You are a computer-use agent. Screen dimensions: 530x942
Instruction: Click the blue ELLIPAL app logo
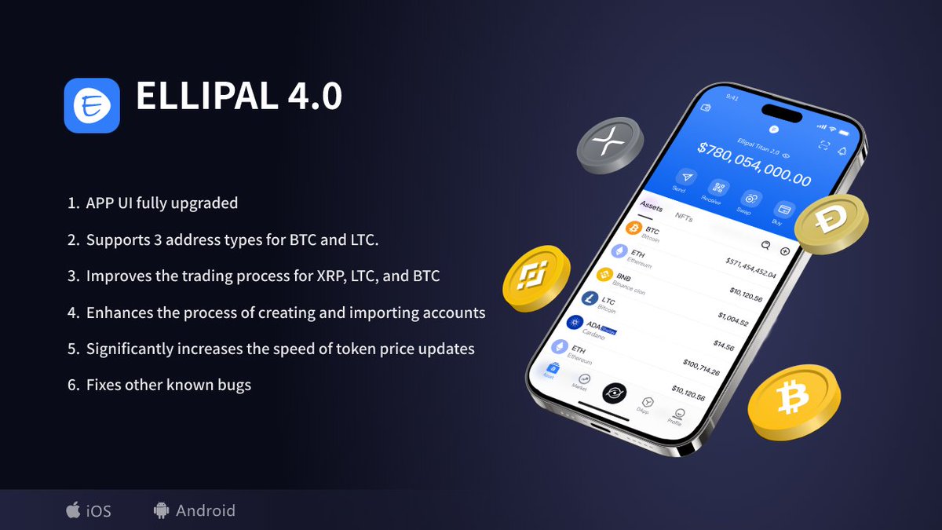(x=92, y=105)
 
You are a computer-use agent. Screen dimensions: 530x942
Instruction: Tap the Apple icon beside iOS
(x=73, y=510)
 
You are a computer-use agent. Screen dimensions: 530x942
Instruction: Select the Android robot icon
(x=162, y=510)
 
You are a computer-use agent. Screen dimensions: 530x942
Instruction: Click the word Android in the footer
(x=205, y=510)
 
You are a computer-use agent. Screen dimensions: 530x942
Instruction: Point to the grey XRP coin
(x=610, y=146)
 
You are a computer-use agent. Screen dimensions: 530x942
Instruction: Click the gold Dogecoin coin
(x=831, y=222)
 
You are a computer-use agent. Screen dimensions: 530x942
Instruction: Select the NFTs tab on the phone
(x=684, y=217)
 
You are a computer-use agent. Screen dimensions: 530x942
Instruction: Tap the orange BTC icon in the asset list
(x=632, y=228)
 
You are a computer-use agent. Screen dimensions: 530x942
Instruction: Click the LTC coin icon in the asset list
(x=590, y=299)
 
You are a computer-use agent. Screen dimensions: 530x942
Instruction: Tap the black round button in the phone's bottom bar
(x=614, y=392)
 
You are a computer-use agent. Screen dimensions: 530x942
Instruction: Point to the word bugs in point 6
(x=234, y=385)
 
